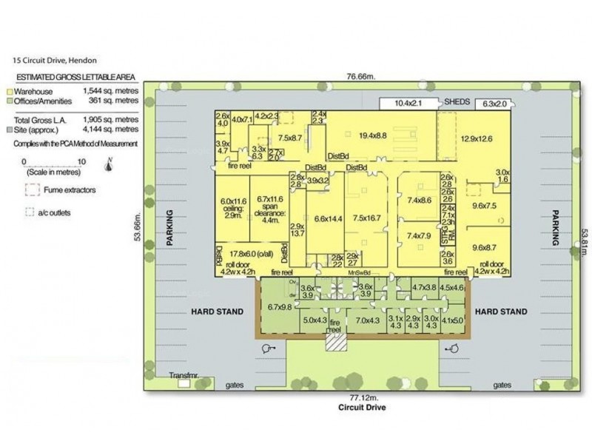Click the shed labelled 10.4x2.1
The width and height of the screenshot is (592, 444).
(x=408, y=103)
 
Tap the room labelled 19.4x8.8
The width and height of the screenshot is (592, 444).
(x=374, y=135)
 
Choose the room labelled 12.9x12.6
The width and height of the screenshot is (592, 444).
(x=477, y=138)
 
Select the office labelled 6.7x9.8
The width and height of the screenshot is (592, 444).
(x=281, y=306)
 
